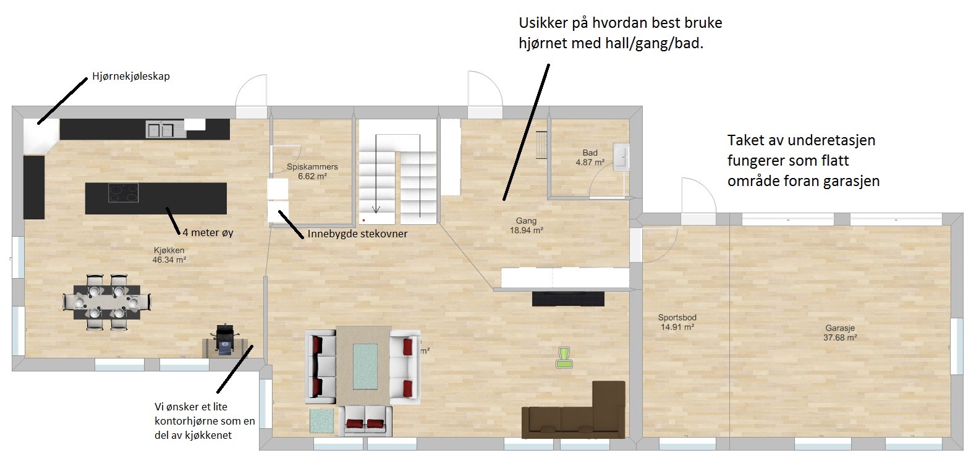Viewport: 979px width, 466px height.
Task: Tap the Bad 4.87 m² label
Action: tap(590, 158)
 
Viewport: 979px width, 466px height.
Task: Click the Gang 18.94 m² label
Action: tap(526, 226)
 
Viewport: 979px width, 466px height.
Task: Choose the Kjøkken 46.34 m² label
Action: tap(169, 255)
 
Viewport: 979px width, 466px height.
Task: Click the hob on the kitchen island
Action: tap(123, 193)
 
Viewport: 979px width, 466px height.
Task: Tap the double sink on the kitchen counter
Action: tap(160, 130)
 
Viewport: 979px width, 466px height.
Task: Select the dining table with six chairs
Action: tap(107, 302)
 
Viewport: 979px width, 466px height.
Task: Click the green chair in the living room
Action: tap(564, 357)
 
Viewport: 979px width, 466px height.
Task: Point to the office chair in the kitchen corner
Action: tap(224, 339)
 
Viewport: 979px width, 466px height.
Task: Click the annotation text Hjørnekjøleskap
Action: tap(130, 77)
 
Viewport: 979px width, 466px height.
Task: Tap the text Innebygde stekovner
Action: tap(357, 234)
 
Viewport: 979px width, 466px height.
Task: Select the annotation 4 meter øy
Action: tap(208, 232)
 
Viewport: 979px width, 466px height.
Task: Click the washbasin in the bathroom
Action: tap(621, 156)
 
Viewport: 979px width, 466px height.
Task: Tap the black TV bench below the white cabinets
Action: tap(568, 300)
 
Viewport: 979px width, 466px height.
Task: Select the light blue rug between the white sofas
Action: tap(365, 366)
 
